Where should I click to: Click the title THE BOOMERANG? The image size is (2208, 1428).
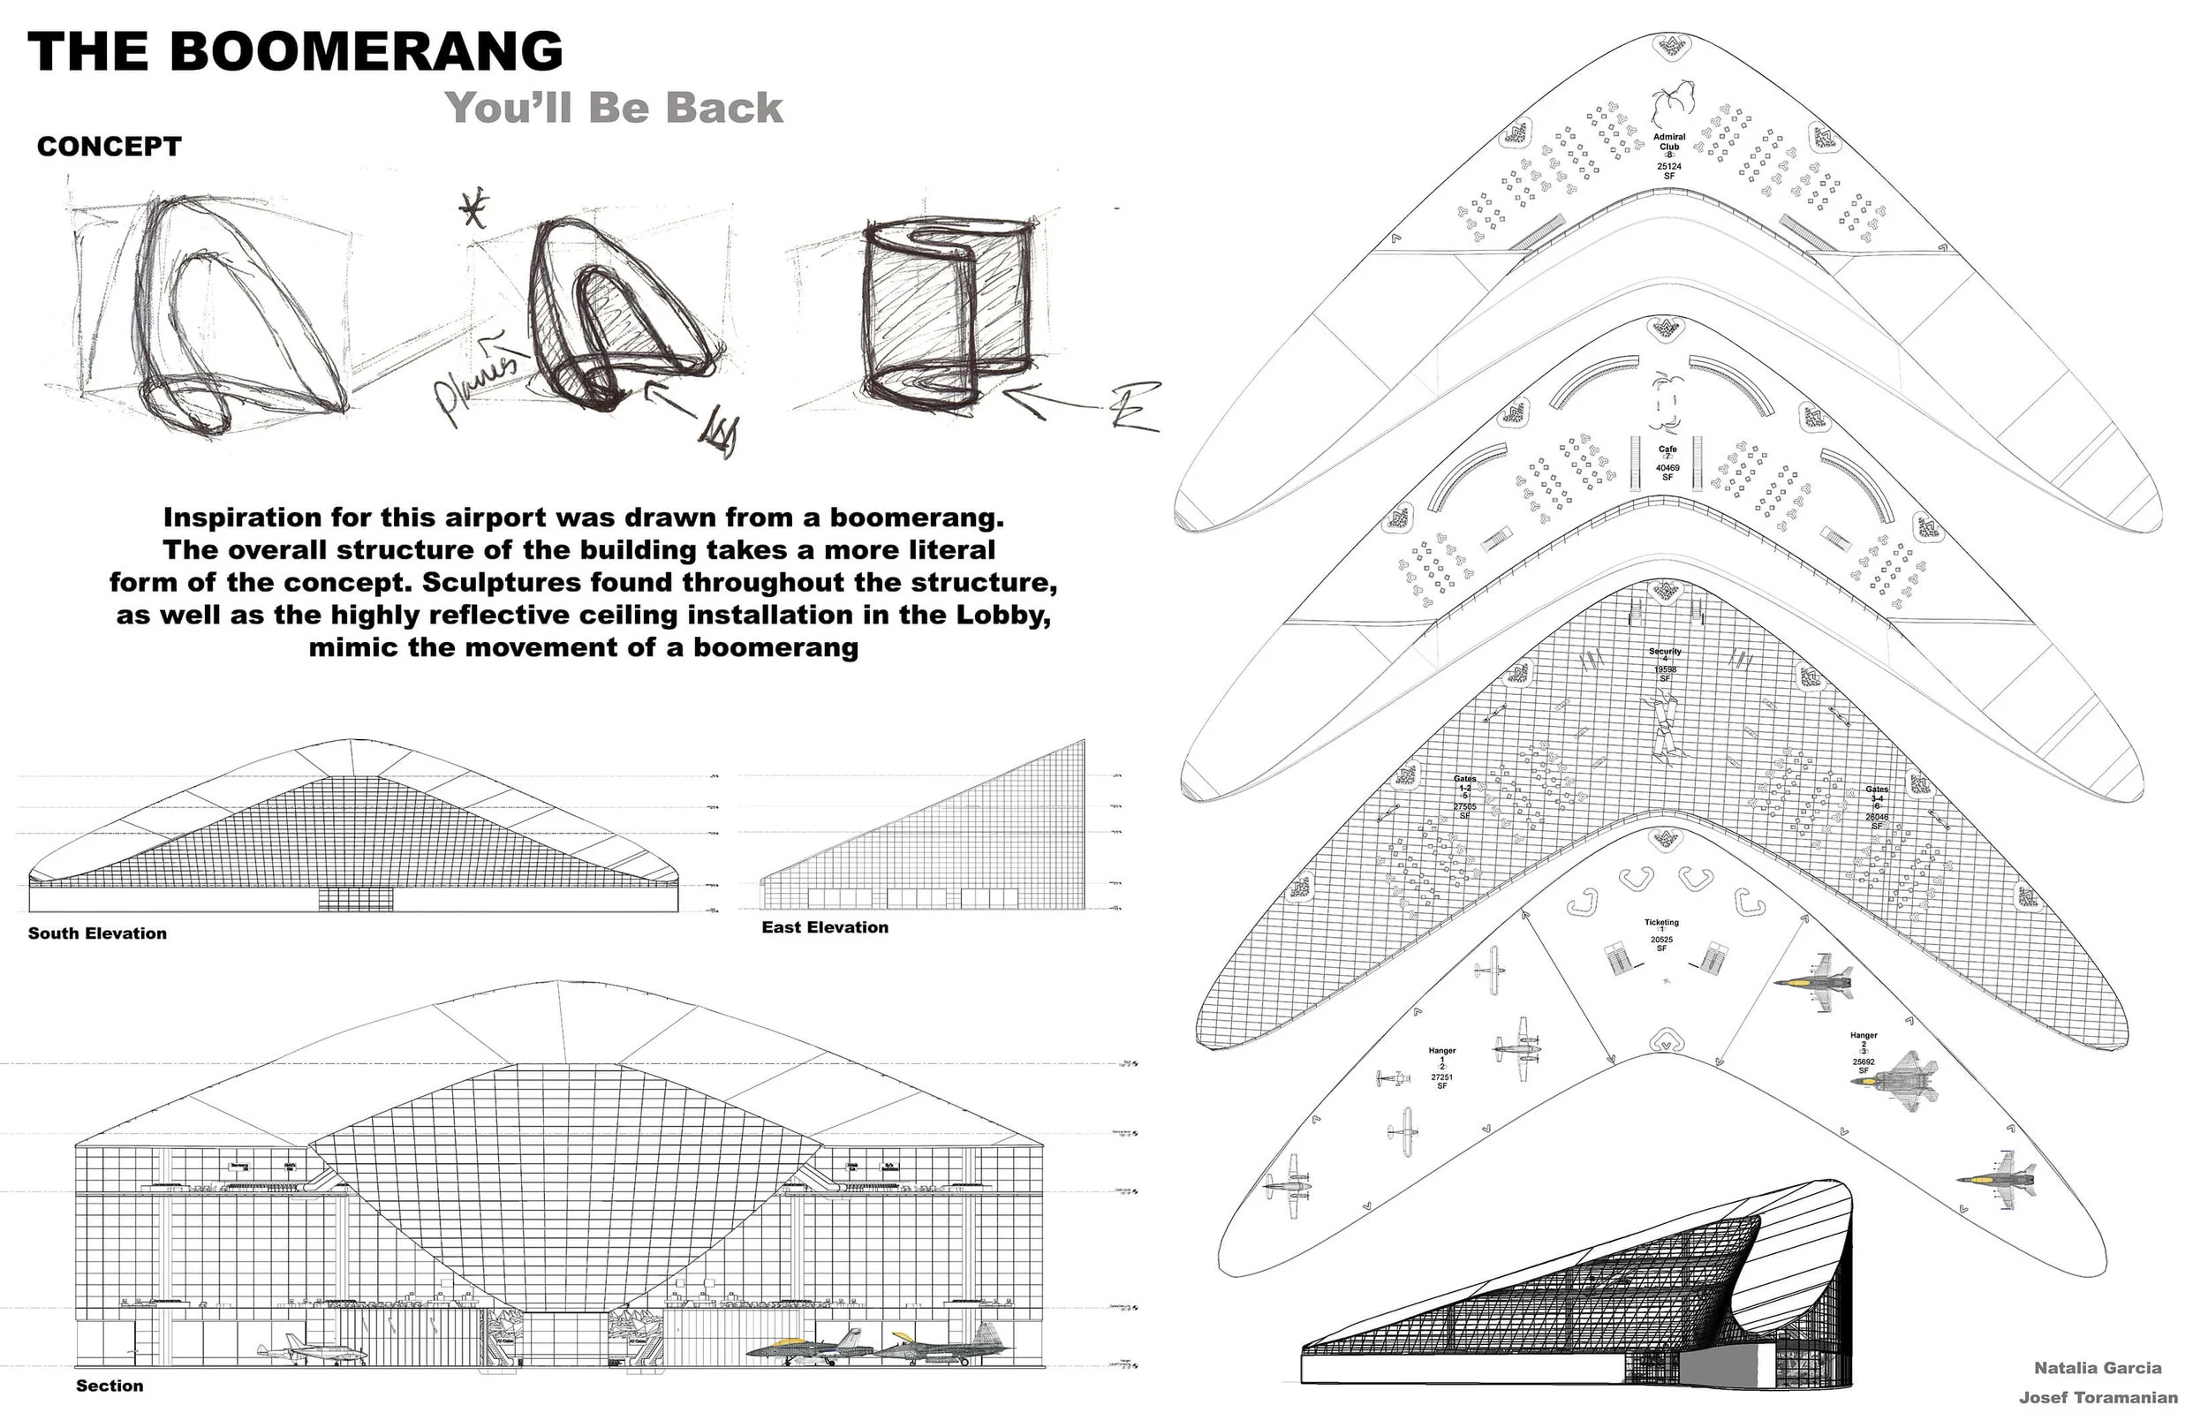click(295, 51)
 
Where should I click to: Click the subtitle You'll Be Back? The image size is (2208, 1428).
click(614, 108)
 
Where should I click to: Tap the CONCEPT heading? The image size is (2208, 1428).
click(110, 147)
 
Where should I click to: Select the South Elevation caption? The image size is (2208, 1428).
click(97, 933)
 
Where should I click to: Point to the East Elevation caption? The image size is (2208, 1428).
click(824, 926)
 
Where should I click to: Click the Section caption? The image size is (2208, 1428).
click(110, 1386)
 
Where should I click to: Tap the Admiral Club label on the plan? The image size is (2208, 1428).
click(1668, 142)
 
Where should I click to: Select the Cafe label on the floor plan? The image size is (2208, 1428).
click(1667, 450)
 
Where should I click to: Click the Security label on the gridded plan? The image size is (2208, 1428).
click(1665, 652)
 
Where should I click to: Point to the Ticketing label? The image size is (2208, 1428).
click(1661, 923)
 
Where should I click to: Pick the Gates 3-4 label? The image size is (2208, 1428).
click(1876, 794)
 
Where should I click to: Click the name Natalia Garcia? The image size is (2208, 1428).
click(2098, 1368)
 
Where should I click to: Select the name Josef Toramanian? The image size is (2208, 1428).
click(2098, 1397)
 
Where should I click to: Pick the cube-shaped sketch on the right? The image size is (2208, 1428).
click(946, 311)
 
